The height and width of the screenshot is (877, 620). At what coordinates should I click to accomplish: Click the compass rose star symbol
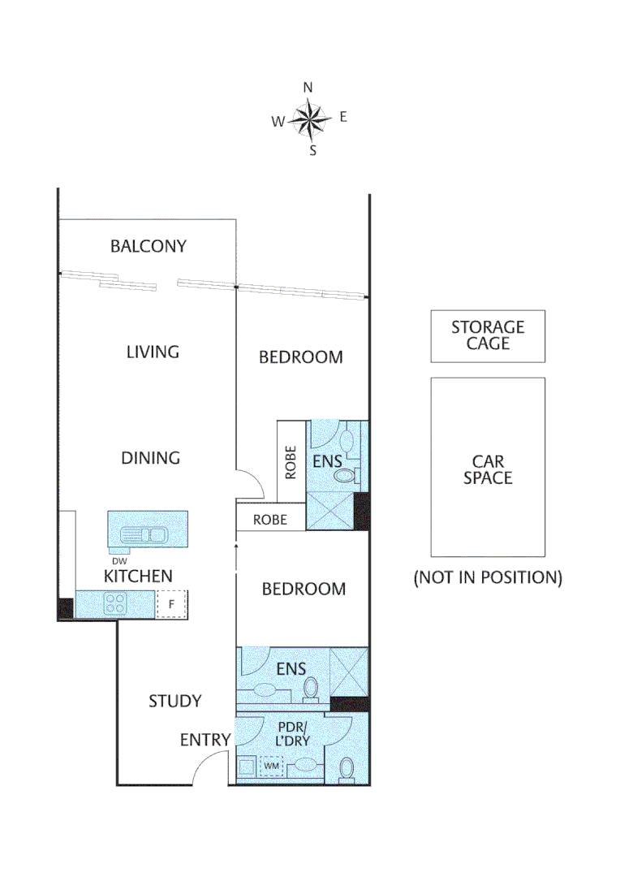(309, 119)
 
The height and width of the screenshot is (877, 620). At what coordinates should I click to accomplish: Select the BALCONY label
(149, 246)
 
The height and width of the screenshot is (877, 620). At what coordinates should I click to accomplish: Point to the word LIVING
(153, 352)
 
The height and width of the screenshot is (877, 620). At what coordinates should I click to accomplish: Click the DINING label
(150, 458)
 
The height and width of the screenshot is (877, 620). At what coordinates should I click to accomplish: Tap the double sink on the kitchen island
(144, 534)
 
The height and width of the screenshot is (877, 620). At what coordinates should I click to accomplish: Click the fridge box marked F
(171, 604)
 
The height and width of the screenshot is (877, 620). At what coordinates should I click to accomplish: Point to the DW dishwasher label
(119, 559)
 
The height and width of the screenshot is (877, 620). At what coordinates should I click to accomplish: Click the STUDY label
(175, 701)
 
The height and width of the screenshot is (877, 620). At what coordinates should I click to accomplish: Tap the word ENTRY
(205, 740)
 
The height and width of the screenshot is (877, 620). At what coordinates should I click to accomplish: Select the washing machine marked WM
(270, 765)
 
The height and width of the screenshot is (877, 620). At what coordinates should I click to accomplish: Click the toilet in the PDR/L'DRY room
(347, 767)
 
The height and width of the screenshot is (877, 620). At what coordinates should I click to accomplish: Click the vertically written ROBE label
(291, 461)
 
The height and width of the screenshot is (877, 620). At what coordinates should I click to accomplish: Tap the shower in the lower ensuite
(349, 672)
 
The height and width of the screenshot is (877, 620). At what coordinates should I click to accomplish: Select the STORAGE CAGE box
(488, 336)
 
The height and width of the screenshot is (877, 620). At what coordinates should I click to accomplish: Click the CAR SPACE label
(488, 469)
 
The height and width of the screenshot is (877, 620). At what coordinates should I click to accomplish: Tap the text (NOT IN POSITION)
(488, 577)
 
